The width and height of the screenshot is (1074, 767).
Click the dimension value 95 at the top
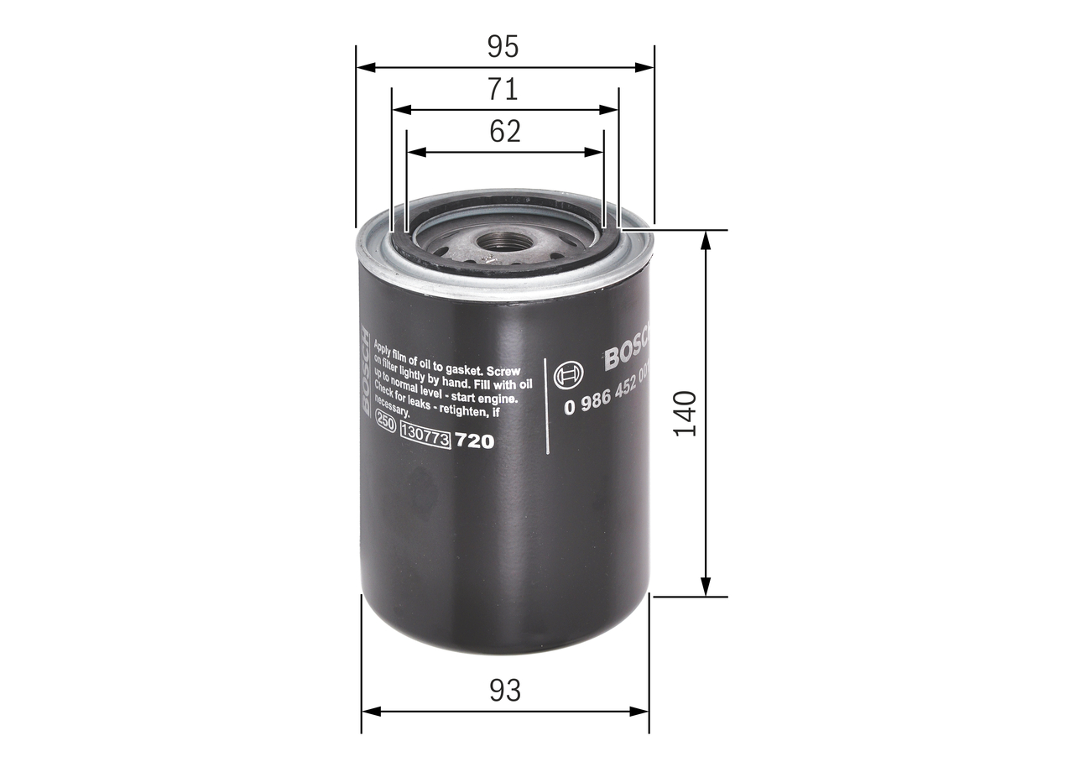(503, 47)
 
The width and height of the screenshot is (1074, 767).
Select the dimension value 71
(504, 89)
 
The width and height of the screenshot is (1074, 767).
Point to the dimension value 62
(505, 131)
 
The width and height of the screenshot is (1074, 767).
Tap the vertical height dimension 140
(686, 413)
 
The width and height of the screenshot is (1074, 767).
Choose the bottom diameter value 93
(504, 691)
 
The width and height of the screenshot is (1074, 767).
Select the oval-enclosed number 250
(385, 425)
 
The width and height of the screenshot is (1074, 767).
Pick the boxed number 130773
(426, 435)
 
